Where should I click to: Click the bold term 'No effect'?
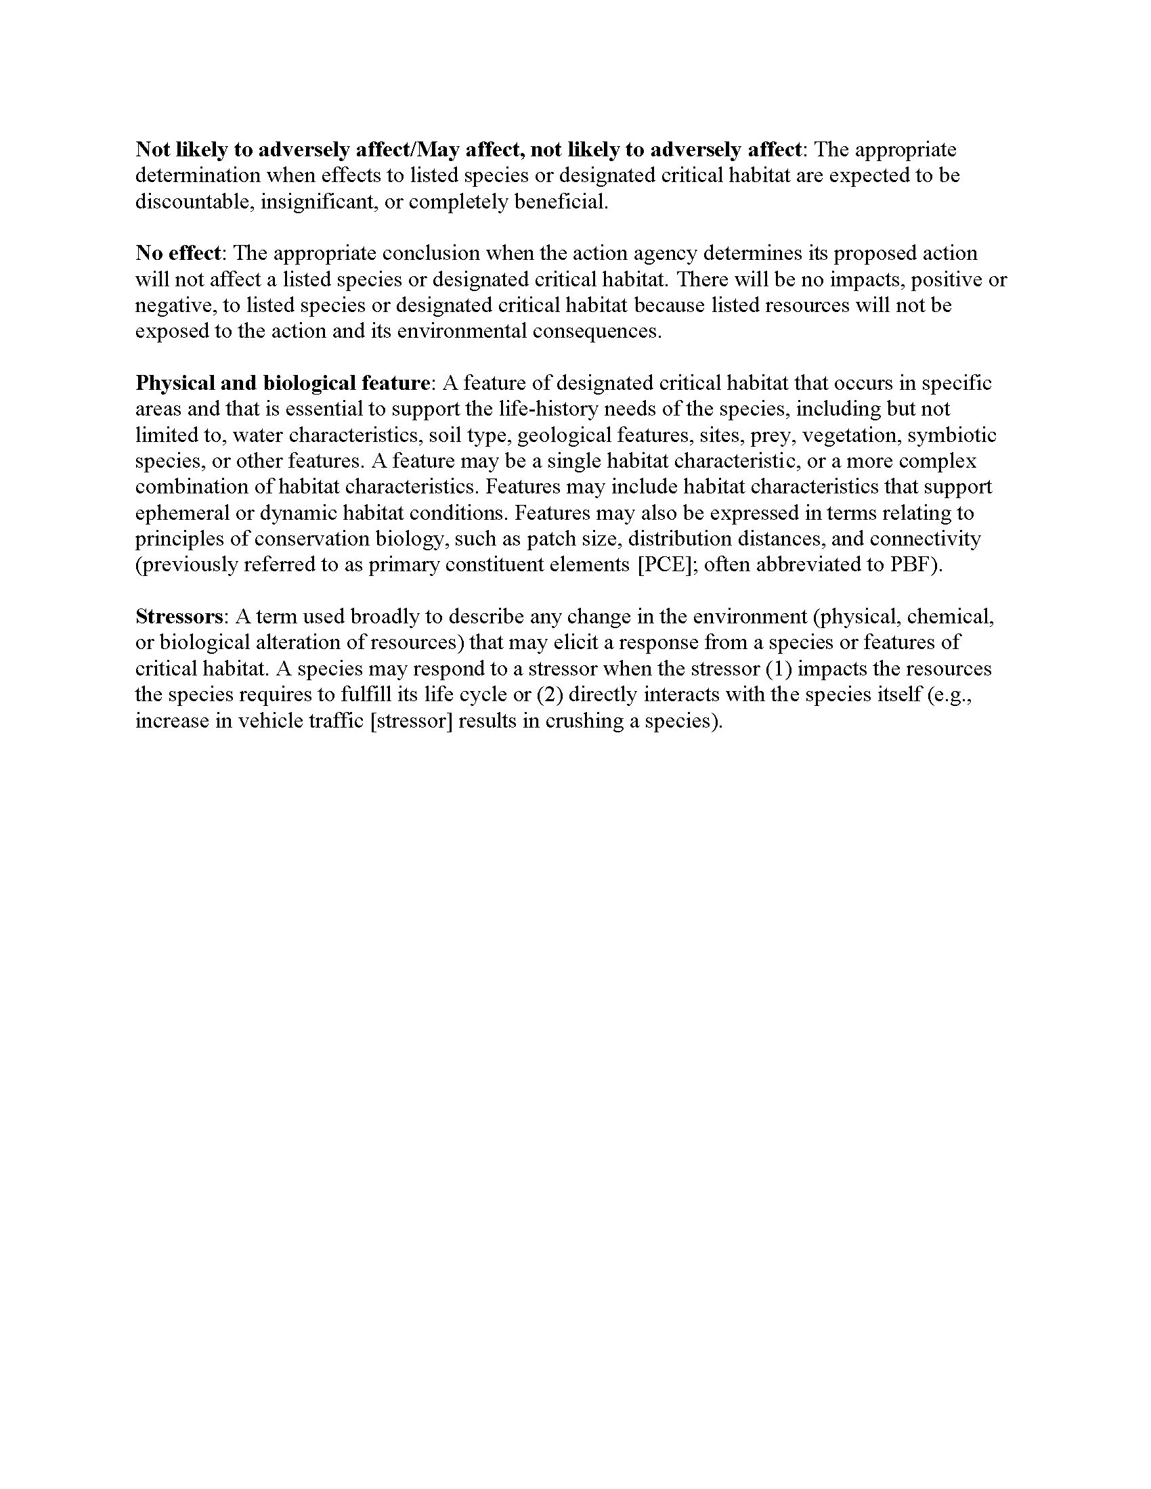(178, 254)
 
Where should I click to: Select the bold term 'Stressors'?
(179, 617)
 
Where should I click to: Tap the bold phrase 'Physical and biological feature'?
(282, 383)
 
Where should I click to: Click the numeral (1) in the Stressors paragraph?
(779, 669)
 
